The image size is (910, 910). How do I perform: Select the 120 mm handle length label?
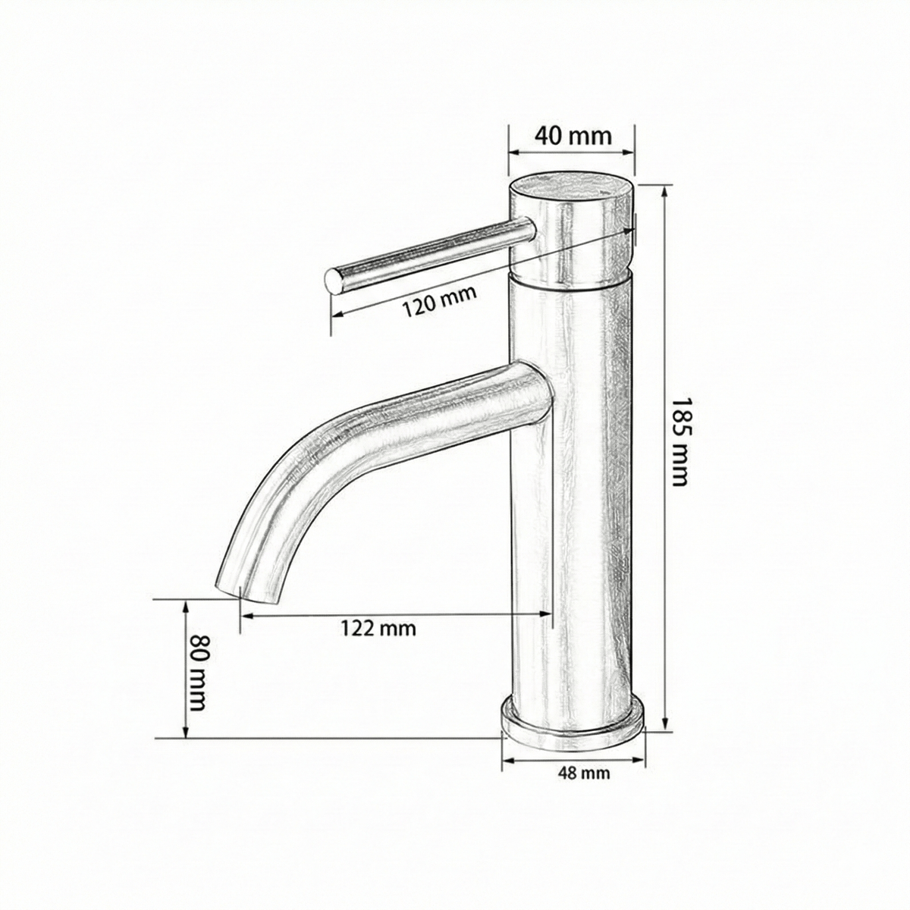point(439,300)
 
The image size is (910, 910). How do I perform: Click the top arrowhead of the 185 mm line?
point(665,189)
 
